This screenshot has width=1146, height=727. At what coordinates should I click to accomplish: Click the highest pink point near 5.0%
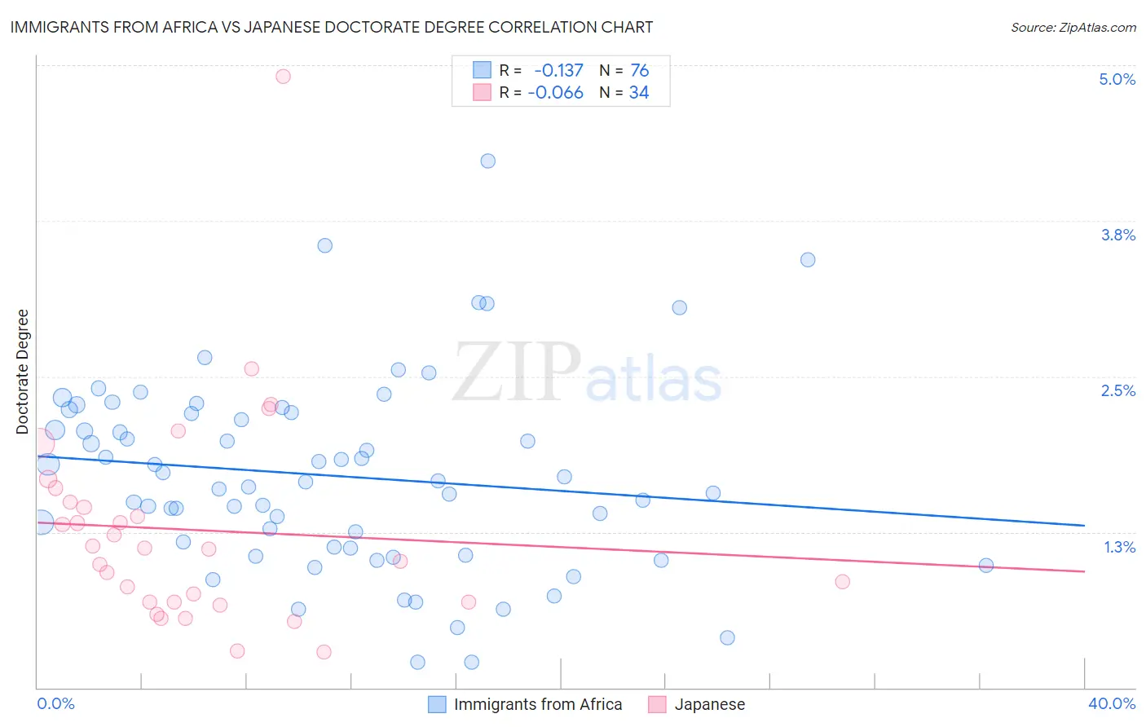coord(283,76)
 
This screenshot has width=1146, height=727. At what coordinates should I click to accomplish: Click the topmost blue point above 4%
coord(487,161)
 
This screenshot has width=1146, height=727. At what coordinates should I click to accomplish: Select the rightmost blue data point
coord(985,565)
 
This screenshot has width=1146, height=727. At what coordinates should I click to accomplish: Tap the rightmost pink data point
coord(842,581)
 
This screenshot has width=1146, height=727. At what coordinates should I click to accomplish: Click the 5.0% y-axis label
coord(1117,79)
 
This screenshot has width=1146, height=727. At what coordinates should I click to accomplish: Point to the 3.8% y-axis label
coord(1117,235)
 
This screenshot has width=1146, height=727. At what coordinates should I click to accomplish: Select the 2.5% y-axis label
coord(1117,390)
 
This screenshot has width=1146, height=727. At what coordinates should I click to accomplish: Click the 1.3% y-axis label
coord(1119,547)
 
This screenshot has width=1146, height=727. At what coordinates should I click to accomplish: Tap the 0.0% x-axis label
coord(55,703)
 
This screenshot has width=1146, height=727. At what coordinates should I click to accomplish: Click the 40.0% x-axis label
coord(1111,703)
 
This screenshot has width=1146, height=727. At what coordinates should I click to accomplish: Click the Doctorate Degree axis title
coord(23,372)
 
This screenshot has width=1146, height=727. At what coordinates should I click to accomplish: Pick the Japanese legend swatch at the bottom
coord(657,704)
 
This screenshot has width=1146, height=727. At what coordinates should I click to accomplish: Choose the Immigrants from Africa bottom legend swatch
coord(437,704)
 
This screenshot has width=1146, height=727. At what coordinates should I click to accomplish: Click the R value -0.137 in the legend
coord(558,70)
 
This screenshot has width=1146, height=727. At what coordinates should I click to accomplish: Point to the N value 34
coord(639,92)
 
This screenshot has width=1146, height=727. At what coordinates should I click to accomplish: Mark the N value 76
coord(639,70)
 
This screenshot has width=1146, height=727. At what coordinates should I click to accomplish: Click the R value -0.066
coord(555,92)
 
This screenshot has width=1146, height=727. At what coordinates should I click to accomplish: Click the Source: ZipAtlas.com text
coord(1073,27)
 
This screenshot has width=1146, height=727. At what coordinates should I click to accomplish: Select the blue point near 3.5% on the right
coord(807,259)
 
